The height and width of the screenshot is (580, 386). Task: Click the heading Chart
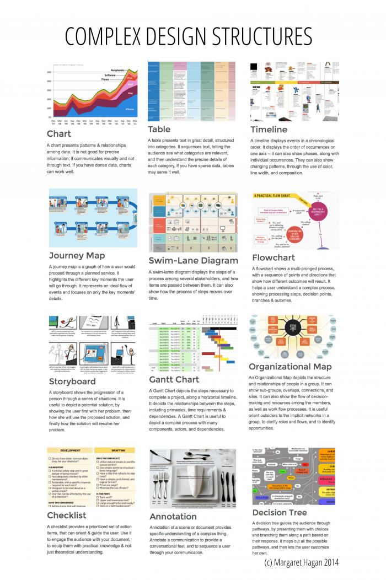coord(59,133)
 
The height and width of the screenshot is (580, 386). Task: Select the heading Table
coord(159,130)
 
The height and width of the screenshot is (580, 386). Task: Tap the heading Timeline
coord(269,130)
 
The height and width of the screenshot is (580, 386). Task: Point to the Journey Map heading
coord(77,255)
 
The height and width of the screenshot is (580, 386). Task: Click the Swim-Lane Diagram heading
coord(193,260)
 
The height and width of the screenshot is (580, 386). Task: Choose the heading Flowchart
coord(273,257)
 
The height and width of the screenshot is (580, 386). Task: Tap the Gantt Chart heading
coord(174,379)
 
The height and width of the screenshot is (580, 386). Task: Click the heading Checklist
coord(67,515)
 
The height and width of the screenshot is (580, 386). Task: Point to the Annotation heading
coord(173,517)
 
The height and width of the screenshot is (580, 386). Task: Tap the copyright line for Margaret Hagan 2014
coord(301,562)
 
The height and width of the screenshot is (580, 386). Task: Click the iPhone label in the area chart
coord(129,109)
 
